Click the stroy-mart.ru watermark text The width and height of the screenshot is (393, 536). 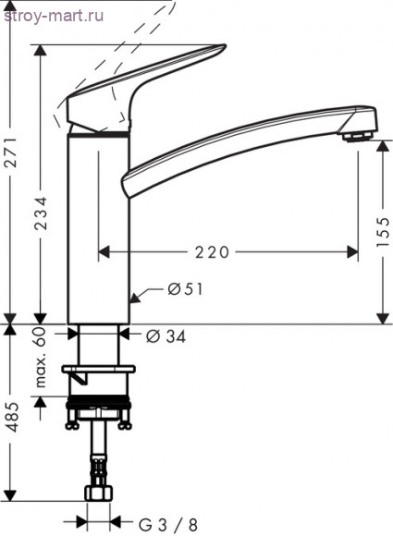(x=54, y=16)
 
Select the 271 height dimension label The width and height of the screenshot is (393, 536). (x=12, y=152)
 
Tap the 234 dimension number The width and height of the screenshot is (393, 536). (x=41, y=213)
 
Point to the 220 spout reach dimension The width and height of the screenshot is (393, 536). (x=212, y=252)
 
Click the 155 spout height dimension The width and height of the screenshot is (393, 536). (x=383, y=232)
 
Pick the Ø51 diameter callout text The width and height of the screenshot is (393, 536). (x=185, y=289)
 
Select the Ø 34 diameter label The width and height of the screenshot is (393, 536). (x=166, y=336)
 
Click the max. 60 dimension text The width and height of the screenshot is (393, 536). (x=41, y=357)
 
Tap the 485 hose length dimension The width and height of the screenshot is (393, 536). (x=12, y=417)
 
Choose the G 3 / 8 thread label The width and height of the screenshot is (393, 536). (x=167, y=524)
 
